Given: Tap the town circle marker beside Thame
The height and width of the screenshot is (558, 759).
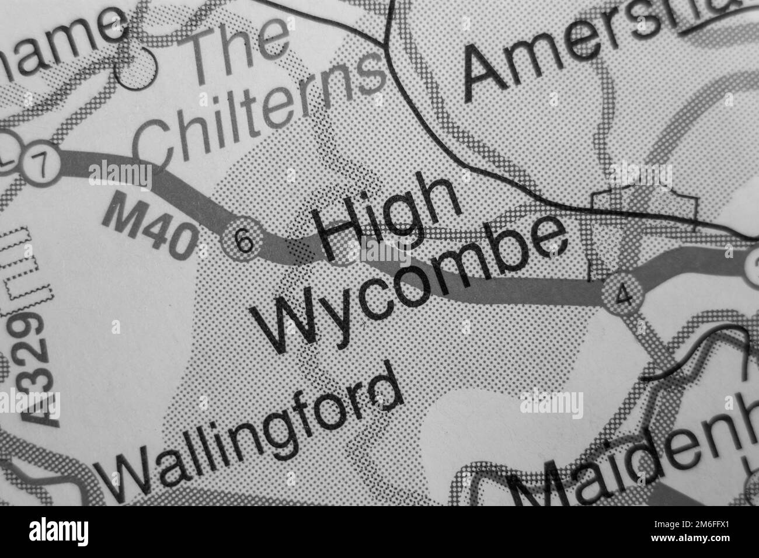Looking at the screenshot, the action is [x=138, y=69].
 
